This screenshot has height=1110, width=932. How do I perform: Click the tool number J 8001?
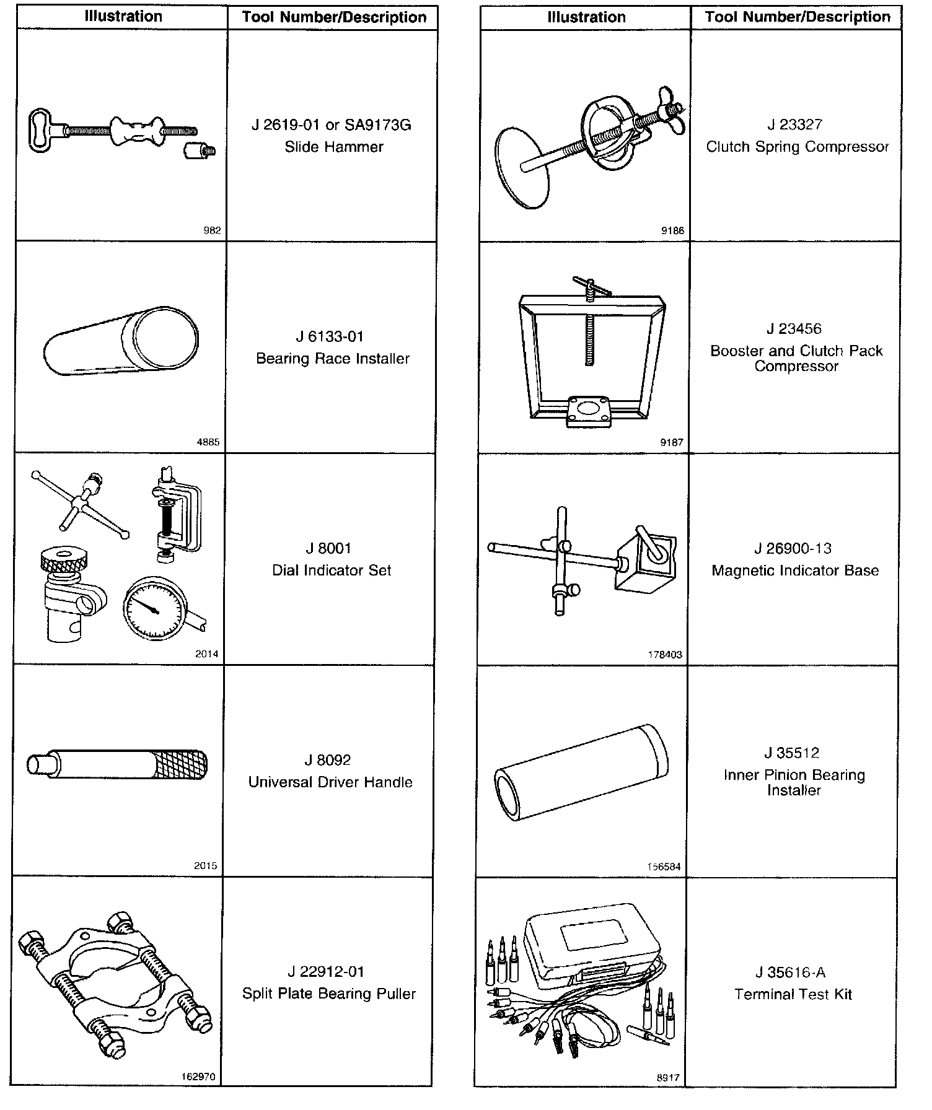tap(328, 549)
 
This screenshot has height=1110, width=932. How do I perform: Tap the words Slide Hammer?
tap(334, 147)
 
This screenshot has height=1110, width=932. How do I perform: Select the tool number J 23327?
tap(795, 125)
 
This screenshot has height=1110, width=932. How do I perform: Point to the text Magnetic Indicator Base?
tap(795, 570)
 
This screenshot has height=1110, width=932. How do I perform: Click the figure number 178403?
tap(665, 654)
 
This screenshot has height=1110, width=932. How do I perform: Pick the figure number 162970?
tap(198, 1077)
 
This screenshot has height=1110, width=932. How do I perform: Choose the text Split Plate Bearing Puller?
tap(329, 994)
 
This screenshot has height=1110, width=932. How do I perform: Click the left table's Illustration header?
tap(123, 17)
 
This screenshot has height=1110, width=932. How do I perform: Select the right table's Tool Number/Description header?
tap(798, 17)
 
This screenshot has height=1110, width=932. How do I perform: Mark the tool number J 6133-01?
tap(329, 337)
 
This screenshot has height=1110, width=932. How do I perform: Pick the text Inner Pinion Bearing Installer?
tap(794, 782)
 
